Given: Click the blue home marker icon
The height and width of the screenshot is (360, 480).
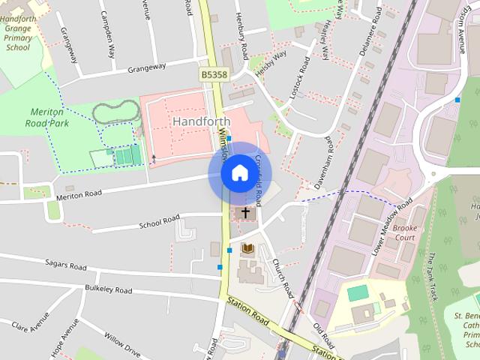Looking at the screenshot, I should pos(239,173).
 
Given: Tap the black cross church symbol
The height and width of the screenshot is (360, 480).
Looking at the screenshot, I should pos(245,214).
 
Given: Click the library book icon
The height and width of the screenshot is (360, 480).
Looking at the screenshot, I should pos(248,247).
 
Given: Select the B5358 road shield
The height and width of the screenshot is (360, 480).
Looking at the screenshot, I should pos(214,75).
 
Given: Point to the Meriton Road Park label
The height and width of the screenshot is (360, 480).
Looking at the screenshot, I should pos(45,116).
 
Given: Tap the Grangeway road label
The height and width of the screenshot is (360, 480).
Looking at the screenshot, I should pos(146,67).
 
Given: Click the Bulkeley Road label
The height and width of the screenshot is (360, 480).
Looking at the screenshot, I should pos(109,289).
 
